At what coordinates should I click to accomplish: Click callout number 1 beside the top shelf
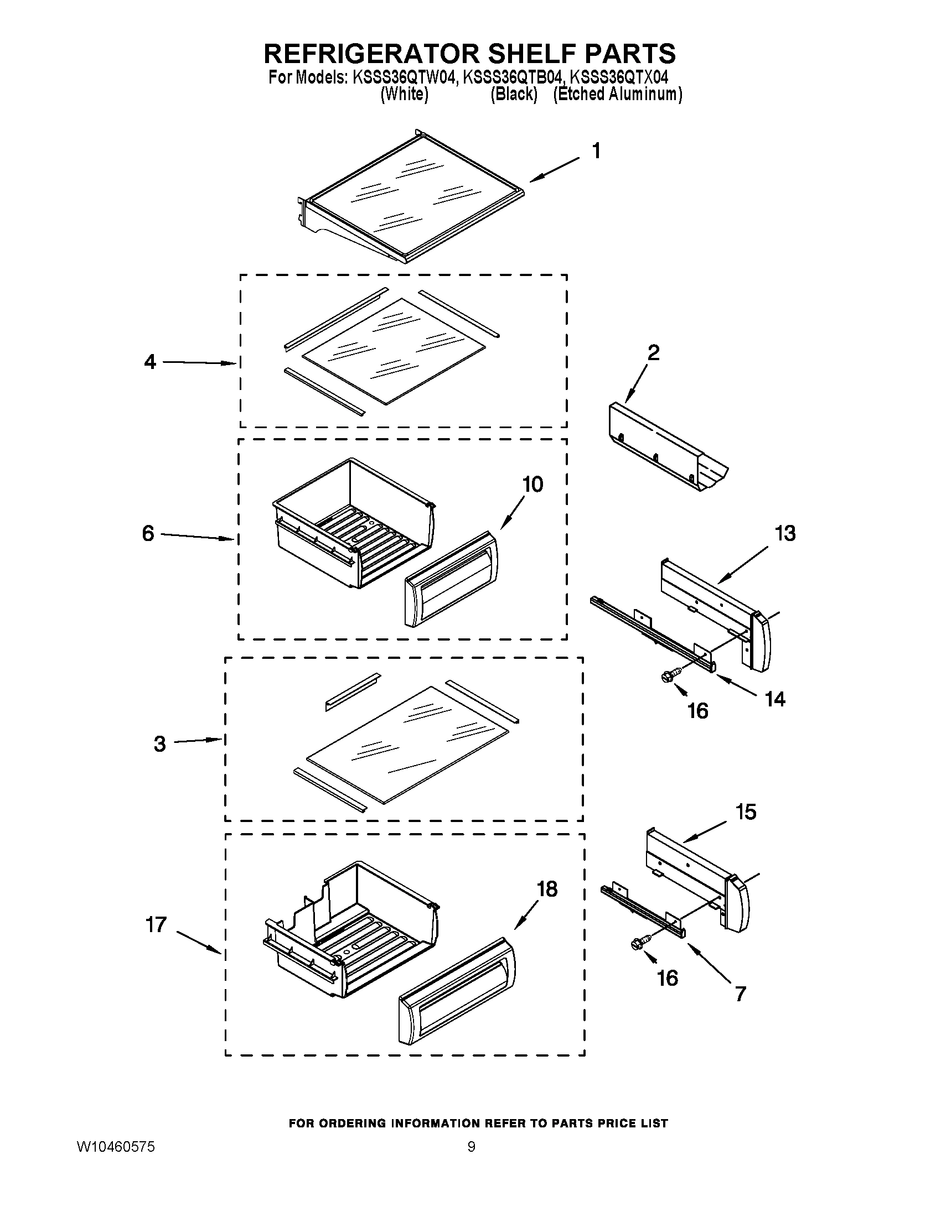pos(596,151)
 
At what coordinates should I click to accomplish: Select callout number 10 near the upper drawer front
pos(532,484)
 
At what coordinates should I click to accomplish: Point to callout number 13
pos(784,533)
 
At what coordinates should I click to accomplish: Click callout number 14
pos(775,699)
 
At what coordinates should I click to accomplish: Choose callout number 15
pos(746,812)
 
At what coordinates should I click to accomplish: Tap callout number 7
pos(740,994)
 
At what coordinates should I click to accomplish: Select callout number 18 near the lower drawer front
pos(547,889)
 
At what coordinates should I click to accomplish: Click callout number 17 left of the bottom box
pos(156,924)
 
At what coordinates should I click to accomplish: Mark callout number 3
pos(159,744)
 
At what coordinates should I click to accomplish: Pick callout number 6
pos(148,533)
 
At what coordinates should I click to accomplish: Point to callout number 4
pos(150,362)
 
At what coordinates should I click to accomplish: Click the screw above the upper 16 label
pos(667,675)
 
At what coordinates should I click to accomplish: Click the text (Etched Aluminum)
pos(617,94)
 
